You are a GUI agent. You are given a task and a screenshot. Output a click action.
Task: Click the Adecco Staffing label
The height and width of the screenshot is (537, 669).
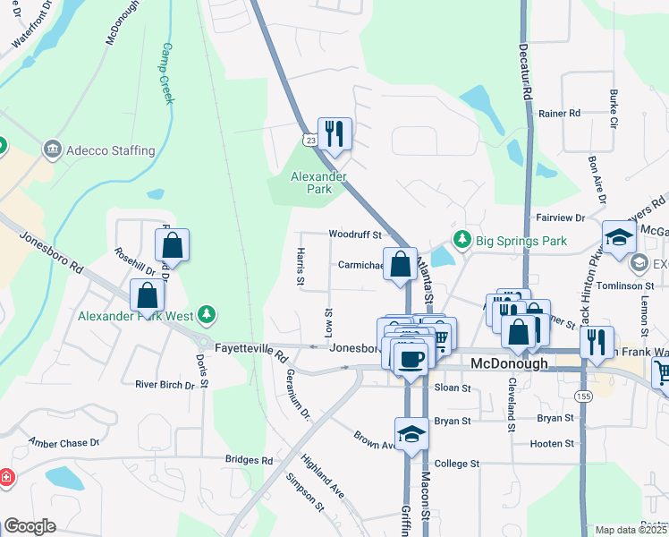111,150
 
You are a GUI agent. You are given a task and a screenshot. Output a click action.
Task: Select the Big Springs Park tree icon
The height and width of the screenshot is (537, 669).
462,240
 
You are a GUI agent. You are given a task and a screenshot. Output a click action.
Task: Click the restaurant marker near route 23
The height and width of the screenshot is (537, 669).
334,134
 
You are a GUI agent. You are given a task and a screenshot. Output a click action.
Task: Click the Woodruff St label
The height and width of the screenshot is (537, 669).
355,234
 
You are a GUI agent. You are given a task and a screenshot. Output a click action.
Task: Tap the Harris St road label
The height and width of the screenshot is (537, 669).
300,268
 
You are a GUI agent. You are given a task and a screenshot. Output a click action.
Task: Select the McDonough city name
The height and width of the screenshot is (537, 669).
509,365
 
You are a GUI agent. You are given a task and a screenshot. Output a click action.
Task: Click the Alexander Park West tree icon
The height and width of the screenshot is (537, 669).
207,314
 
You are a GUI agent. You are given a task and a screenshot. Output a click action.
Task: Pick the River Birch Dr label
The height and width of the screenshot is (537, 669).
165,385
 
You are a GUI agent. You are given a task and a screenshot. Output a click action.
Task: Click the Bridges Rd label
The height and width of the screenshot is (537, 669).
249,460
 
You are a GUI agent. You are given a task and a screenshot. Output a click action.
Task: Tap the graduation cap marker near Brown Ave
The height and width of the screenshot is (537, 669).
411,433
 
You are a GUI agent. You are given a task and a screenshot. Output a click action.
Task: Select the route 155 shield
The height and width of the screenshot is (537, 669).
583,396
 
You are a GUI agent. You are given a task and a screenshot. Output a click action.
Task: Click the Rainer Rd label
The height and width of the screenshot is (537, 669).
560,113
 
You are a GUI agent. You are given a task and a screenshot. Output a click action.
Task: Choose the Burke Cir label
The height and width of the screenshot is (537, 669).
614,107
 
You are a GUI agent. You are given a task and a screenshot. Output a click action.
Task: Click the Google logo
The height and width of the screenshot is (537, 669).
30,526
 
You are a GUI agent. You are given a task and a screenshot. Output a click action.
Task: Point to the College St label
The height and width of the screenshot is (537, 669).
457,464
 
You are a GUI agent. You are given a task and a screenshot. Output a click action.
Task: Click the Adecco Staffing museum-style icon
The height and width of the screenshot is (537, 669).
51,149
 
